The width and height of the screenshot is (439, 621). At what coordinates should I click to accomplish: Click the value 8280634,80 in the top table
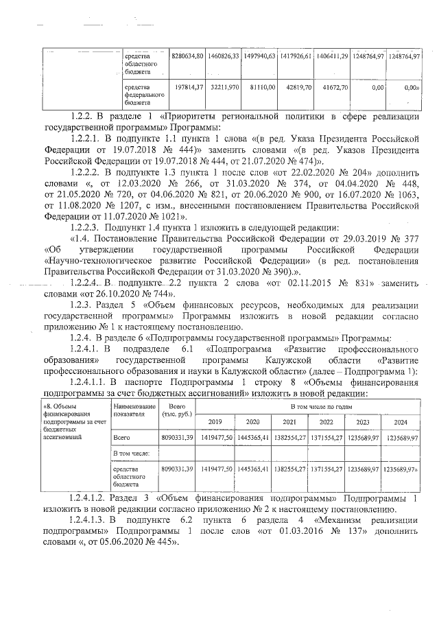tap(188, 56)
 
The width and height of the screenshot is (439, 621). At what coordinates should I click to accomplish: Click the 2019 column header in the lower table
tap(215, 421)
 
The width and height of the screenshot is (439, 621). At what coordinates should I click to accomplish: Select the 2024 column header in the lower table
tap(400, 421)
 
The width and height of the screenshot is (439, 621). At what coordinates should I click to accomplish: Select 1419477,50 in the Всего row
tap(216, 437)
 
